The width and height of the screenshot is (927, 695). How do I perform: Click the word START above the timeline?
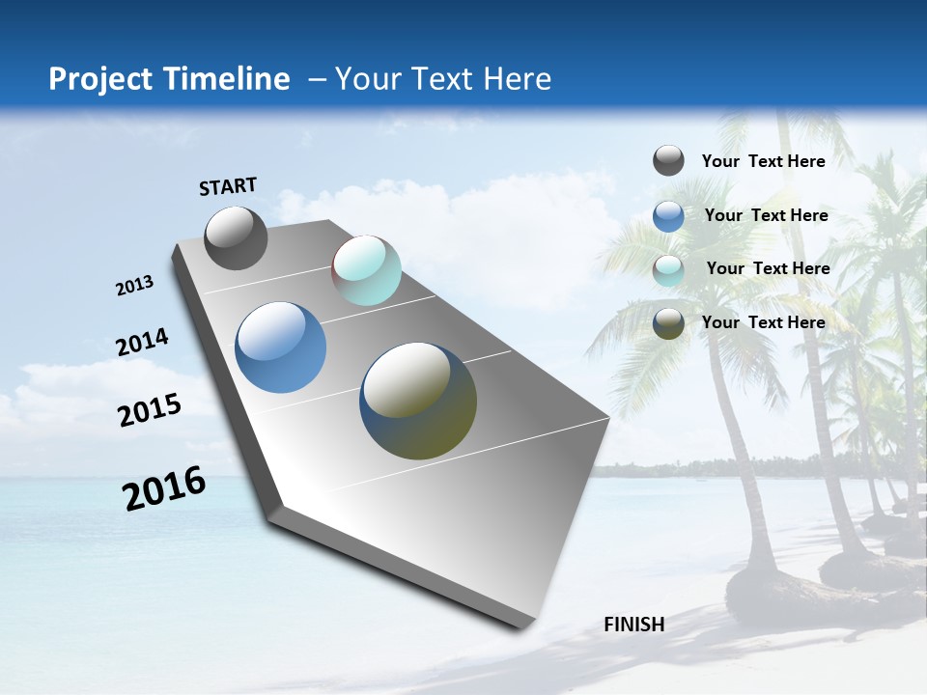click(228, 186)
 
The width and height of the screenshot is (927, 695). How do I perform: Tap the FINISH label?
click(633, 625)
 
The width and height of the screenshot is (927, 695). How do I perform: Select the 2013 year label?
click(134, 286)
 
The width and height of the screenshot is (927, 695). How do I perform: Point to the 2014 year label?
click(142, 343)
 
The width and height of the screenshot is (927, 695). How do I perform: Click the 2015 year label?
click(150, 409)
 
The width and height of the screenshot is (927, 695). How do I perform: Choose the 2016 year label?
click(164, 488)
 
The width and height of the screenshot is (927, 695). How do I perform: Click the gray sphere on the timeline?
click(236, 237)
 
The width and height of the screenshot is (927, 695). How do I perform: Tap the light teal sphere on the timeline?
click(366, 270)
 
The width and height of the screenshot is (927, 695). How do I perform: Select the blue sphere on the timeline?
click(280, 347)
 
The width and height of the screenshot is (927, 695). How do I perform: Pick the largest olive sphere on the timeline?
click(418, 400)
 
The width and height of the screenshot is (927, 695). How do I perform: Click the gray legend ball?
click(668, 161)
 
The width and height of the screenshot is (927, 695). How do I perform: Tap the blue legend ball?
click(668, 216)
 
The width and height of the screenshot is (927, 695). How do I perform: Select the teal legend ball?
click(668, 270)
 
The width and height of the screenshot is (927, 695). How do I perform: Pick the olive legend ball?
click(668, 323)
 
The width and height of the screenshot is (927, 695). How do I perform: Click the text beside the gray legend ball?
click(763, 162)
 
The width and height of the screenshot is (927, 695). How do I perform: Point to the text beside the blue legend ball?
click(766, 215)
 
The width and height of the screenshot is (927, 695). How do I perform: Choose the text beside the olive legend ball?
click(763, 322)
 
